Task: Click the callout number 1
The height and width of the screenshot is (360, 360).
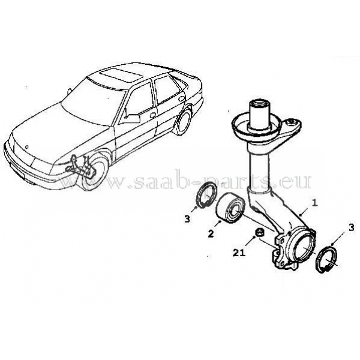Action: click(315, 203)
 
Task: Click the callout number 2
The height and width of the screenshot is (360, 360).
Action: click(211, 234)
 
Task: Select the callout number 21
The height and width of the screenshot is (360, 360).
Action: click(239, 253)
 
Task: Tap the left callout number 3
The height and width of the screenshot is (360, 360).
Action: click(187, 219)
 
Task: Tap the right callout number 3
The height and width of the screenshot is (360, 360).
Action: click(352, 228)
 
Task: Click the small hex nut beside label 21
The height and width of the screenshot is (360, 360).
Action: click(259, 232)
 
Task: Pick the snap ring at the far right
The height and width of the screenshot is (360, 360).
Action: click(327, 259)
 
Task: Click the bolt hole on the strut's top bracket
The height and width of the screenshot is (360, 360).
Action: click(292, 121)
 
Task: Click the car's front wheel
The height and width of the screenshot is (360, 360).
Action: click(95, 172)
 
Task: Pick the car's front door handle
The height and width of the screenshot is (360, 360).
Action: click(153, 115)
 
